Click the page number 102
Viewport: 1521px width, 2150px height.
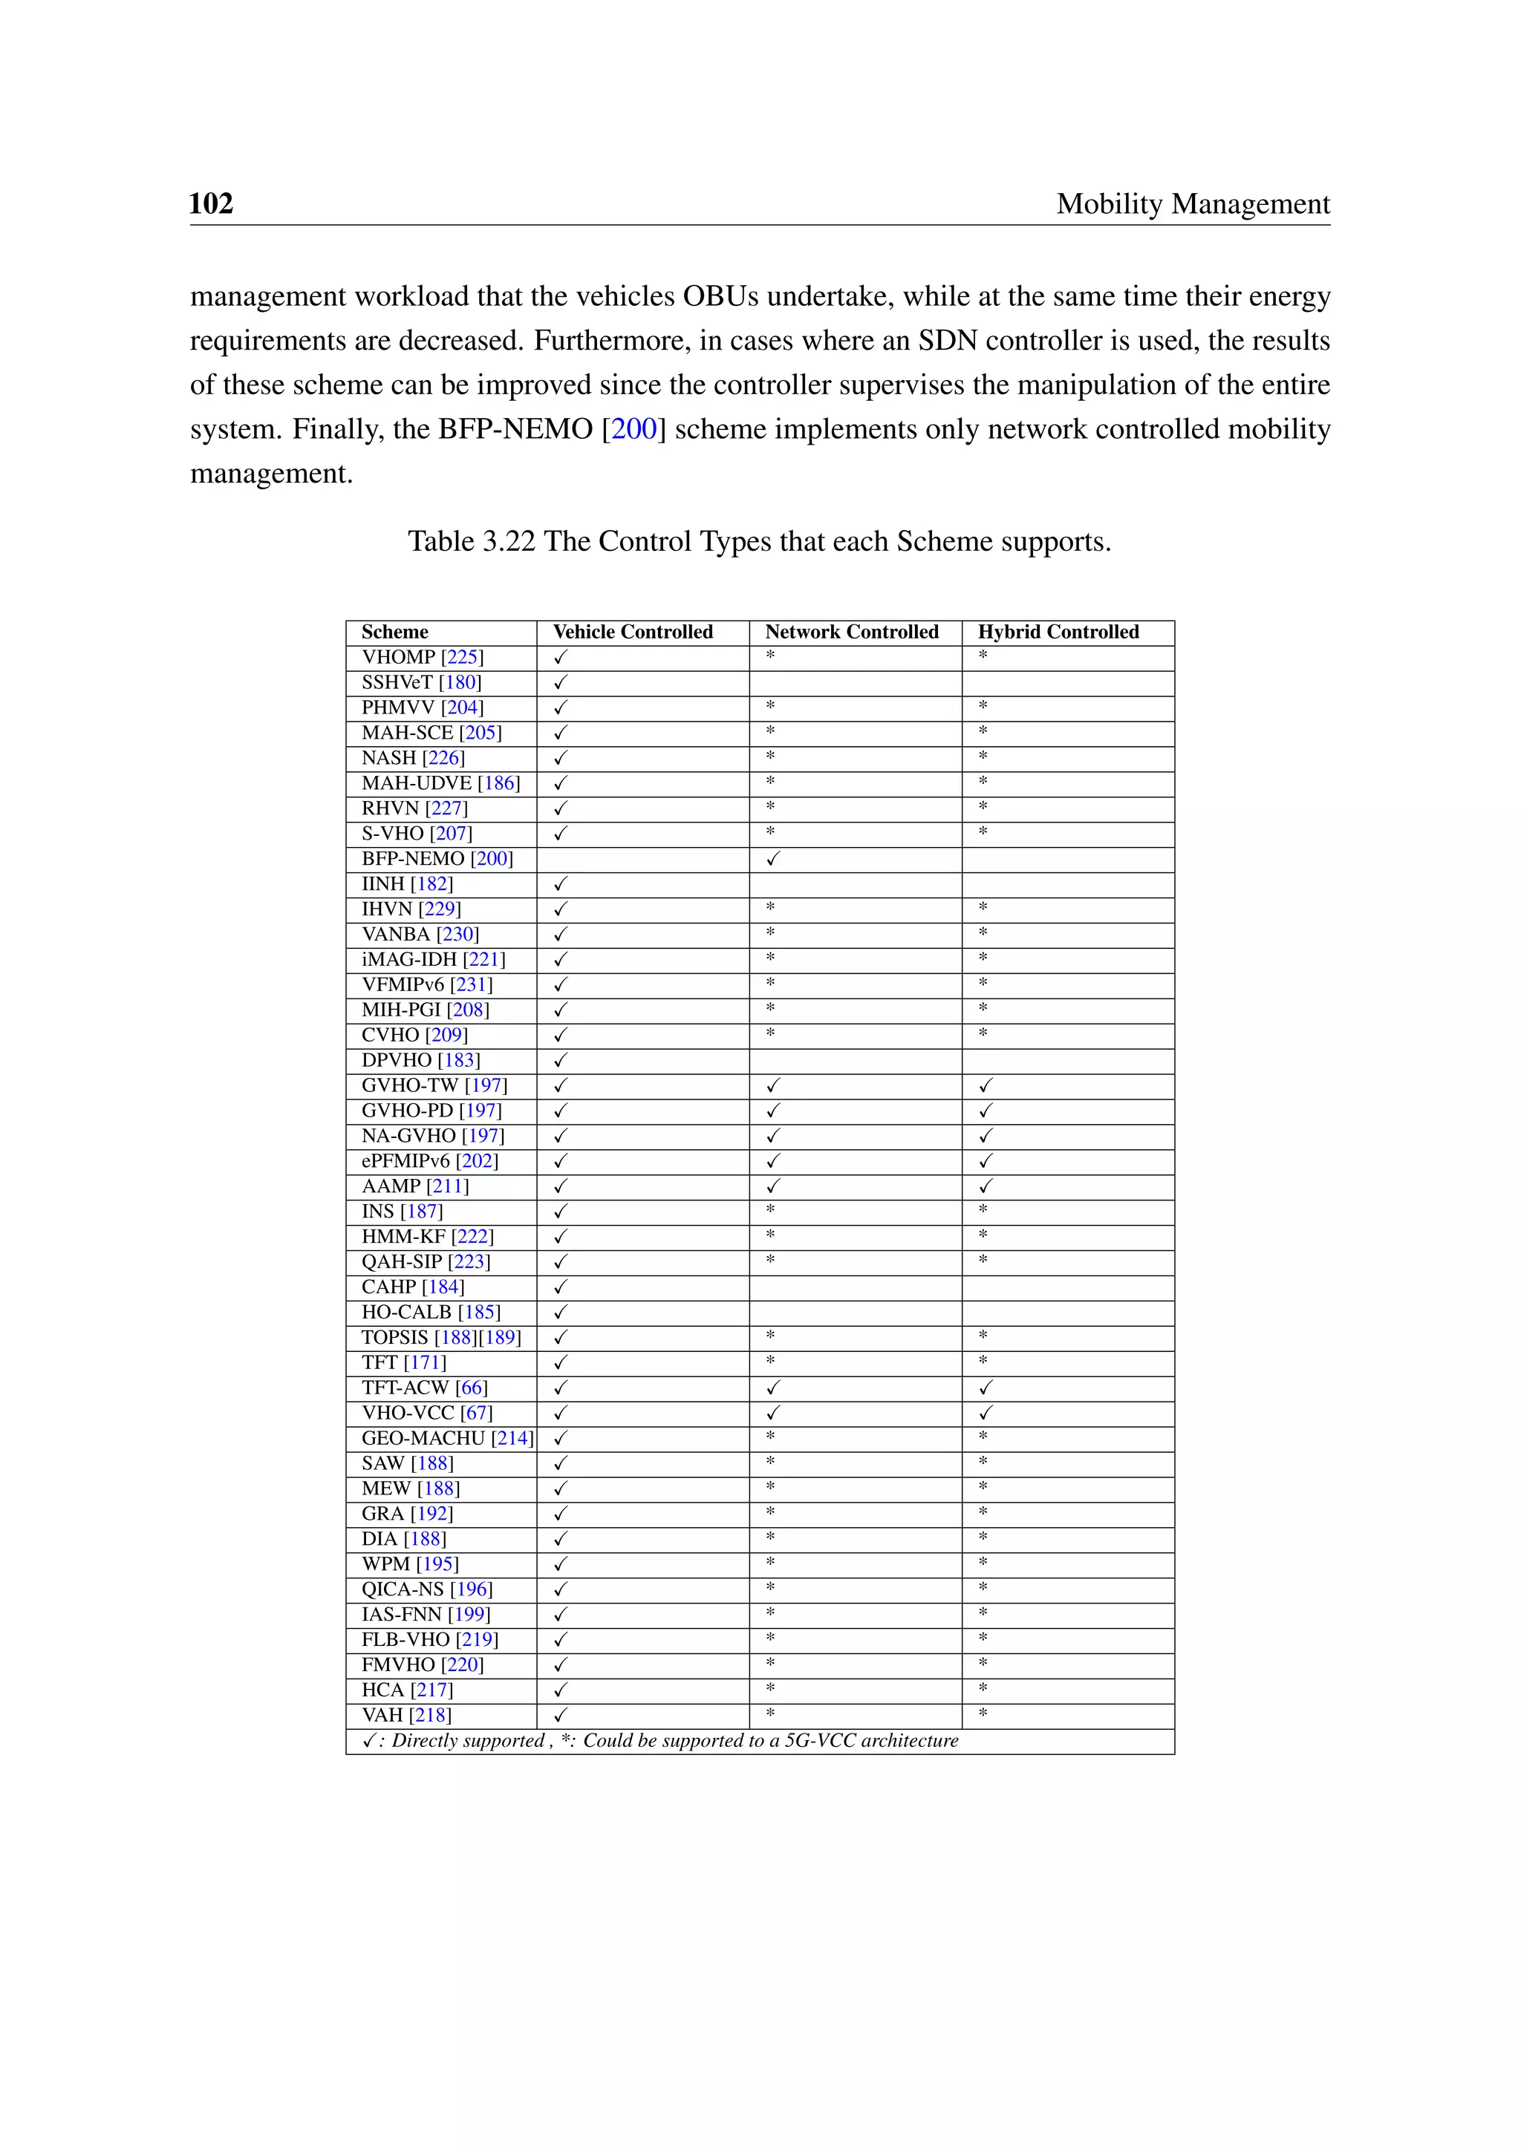click(x=211, y=203)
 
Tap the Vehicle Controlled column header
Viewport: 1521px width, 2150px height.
click(x=632, y=632)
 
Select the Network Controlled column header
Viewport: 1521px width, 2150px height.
click(x=851, y=632)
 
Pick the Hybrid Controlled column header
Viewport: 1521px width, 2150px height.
click(x=1058, y=632)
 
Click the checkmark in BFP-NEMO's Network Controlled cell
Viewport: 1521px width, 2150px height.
click(x=772, y=859)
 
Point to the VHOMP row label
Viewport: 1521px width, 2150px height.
click(x=399, y=657)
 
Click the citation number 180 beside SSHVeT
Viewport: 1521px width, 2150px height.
click(x=460, y=683)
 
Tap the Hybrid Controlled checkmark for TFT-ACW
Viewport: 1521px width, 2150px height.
click(x=986, y=1388)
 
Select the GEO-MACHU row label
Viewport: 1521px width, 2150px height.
click(x=423, y=1438)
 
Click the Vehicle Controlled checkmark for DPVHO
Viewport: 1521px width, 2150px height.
click(x=560, y=1060)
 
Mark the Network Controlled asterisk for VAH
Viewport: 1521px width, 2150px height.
click(x=770, y=1713)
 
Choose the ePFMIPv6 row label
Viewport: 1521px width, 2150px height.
click(x=406, y=1161)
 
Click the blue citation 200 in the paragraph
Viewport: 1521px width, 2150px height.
click(x=634, y=429)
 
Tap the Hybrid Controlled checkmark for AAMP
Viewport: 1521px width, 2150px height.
click(x=986, y=1186)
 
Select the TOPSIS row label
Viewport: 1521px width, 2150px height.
click(x=395, y=1337)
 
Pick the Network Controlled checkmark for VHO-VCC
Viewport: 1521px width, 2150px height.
click(x=772, y=1413)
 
